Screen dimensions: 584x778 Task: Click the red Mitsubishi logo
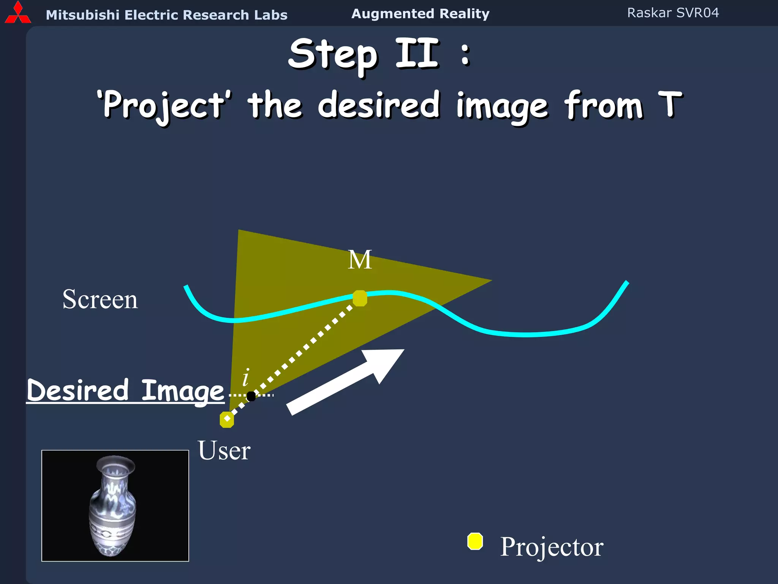17,13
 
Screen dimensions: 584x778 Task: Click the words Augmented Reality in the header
420,14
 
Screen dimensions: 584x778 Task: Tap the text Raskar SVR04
673,13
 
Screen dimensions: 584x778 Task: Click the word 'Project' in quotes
164,105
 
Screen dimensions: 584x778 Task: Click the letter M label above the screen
359,260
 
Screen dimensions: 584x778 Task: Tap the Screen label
100,300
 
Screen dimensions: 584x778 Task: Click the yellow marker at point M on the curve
360,298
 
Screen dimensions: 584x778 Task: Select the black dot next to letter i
251,396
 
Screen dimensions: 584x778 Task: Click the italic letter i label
246,377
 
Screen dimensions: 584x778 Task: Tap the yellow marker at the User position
227,419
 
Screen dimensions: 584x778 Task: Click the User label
224,451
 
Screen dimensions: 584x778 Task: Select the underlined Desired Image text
125,390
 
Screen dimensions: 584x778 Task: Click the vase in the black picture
113,506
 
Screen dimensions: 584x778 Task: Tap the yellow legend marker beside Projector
475,541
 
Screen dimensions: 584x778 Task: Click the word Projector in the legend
552,547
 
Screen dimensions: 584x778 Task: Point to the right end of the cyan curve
626,283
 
